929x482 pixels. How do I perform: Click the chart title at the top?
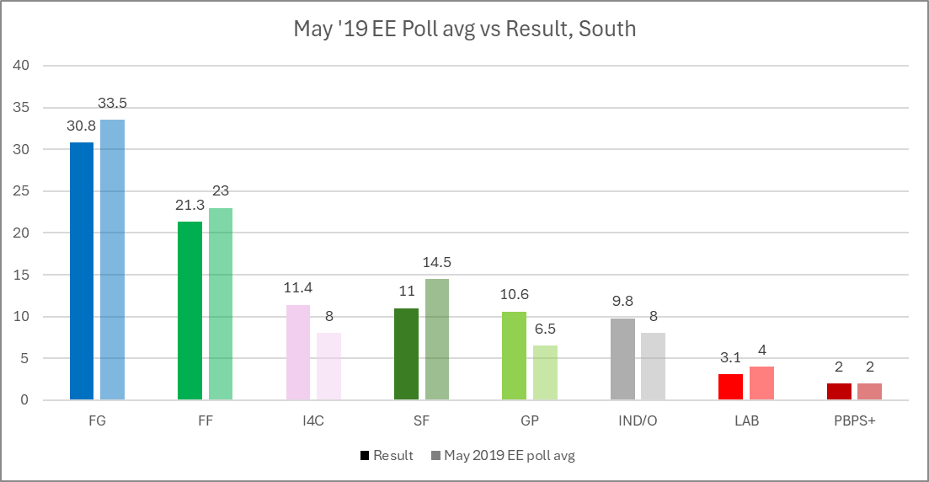464,29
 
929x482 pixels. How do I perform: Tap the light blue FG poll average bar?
112,260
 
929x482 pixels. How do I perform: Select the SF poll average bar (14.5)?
437,339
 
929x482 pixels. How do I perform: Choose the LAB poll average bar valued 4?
761,383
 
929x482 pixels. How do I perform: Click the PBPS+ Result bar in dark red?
839,391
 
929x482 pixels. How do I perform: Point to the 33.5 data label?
112,104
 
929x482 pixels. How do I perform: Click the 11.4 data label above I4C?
298,288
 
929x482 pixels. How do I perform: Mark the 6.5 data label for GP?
545,329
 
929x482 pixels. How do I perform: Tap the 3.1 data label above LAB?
730,357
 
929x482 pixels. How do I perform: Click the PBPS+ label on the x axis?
854,421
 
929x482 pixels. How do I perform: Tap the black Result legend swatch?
365,456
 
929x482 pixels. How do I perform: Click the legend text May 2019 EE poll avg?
510,456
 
